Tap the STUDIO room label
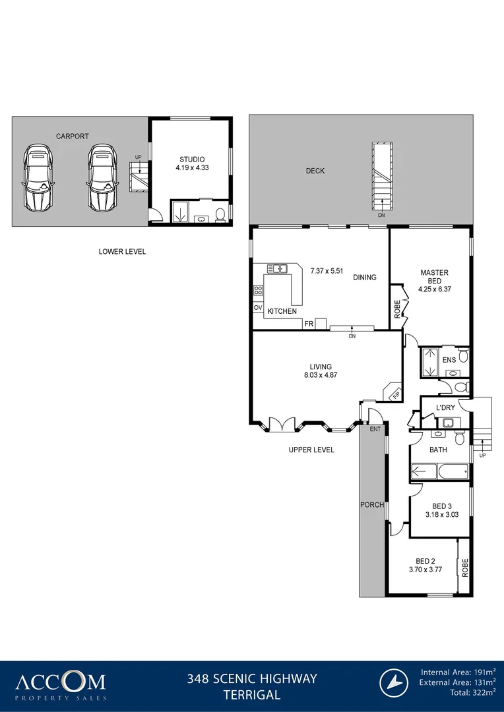click(x=192, y=160)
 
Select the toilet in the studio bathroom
click(x=220, y=214)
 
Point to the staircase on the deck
click(x=381, y=174)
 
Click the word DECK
click(x=315, y=171)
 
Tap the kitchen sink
click(x=278, y=268)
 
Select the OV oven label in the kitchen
click(x=257, y=308)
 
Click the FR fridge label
click(x=308, y=324)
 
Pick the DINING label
click(x=364, y=278)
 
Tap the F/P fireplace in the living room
click(x=394, y=392)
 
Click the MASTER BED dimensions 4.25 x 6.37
click(x=434, y=289)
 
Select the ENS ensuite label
click(x=449, y=361)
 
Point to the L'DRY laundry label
click(x=445, y=408)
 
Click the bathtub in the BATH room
click(x=439, y=471)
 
